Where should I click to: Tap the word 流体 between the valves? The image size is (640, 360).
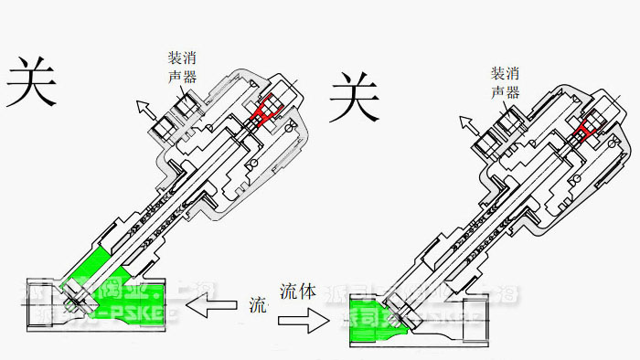pos(298,292)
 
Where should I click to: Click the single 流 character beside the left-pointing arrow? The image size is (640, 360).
pos(257,305)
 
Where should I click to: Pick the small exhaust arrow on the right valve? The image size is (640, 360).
pos(466,122)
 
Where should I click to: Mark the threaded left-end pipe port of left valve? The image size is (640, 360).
pos(37,298)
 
